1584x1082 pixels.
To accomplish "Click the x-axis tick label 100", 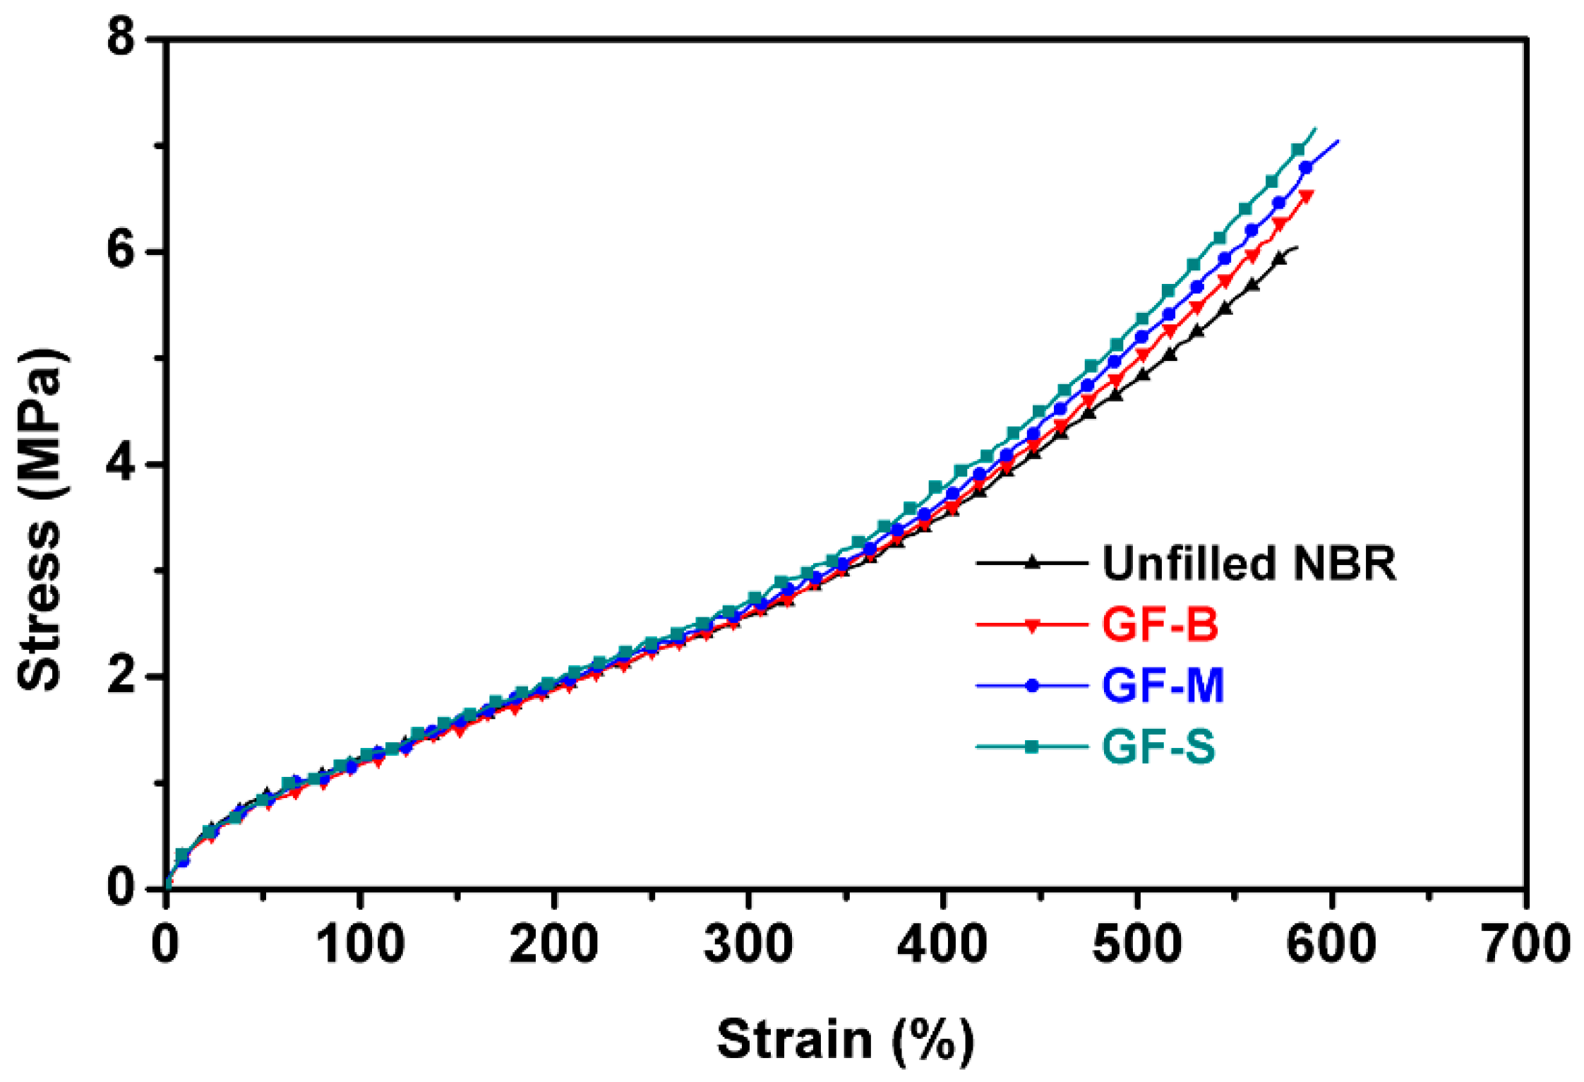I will [360, 944].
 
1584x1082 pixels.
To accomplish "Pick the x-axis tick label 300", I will [748, 944].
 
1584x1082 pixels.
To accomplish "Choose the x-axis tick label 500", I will [1136, 944].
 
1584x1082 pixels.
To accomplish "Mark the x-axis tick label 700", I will [1525, 944].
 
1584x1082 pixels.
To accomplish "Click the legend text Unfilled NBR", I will [1249, 564].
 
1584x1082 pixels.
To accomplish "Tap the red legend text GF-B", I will [1160, 625].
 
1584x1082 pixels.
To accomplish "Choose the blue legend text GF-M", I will [1163, 685].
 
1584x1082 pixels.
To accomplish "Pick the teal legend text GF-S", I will [1158, 747].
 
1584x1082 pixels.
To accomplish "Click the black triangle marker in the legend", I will [1032, 563].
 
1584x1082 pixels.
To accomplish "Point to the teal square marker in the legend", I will [1032, 747].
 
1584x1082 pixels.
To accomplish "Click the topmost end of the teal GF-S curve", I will [1315, 129].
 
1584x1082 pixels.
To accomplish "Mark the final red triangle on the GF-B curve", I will [1305, 196].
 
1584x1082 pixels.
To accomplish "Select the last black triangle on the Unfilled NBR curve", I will [1278, 259].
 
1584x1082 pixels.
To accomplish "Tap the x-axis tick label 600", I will [1331, 944].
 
